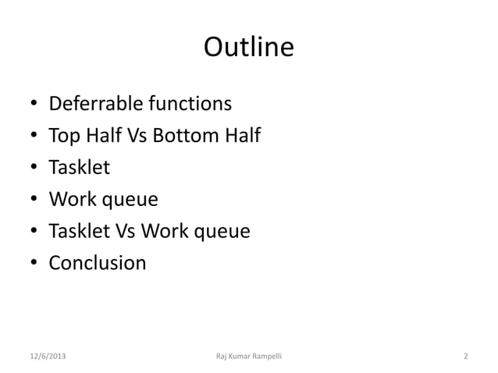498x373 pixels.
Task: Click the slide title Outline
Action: [x=249, y=48]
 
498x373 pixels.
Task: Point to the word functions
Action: [x=185, y=104]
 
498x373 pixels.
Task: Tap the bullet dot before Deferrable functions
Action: [x=34, y=105]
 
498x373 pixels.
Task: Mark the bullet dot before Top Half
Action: [x=34, y=137]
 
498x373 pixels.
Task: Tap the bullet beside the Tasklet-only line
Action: [x=34, y=169]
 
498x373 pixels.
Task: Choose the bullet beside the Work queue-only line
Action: [x=34, y=201]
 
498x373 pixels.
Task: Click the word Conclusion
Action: [x=97, y=263]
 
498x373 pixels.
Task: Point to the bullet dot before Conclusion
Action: [x=34, y=264]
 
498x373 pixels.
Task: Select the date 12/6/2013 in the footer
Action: [x=48, y=357]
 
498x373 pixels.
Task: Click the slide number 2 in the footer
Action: [x=466, y=357]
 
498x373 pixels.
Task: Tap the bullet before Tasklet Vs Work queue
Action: [x=34, y=233]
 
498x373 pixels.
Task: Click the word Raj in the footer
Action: [x=222, y=357]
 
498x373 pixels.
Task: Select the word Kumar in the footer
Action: [x=241, y=357]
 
